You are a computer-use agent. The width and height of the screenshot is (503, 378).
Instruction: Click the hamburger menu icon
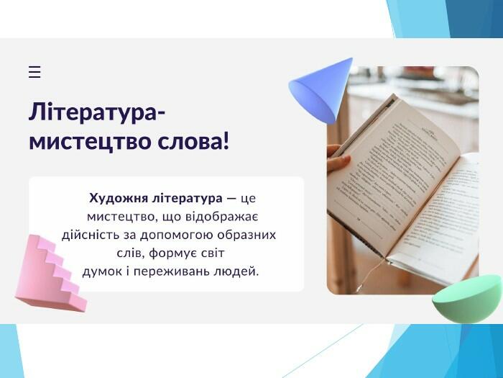(34, 72)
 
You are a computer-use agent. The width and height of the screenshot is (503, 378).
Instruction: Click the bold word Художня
(119, 198)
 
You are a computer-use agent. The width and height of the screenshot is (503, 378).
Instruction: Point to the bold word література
(188, 198)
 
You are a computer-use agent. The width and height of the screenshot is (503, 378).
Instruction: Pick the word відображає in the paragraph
(222, 217)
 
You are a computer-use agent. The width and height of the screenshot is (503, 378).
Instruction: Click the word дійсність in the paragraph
(91, 235)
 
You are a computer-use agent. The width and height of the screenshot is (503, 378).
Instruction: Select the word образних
(246, 235)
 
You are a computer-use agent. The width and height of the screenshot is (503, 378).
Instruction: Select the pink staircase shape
(51, 274)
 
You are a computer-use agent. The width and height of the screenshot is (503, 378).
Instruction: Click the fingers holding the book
(338, 158)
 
